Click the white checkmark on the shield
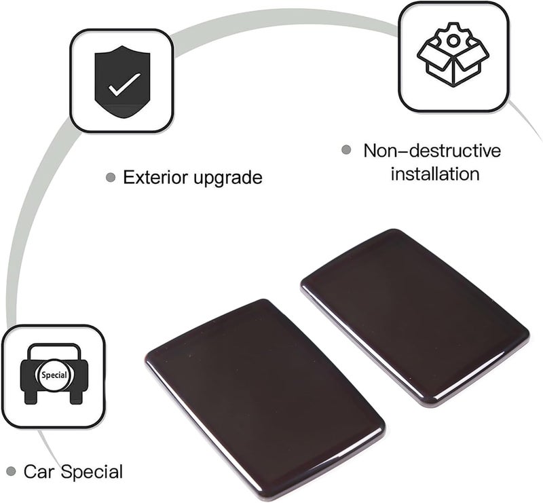(124, 84)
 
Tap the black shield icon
(122, 81)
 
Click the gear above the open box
(453, 39)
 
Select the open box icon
(453, 55)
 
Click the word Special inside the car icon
(54, 375)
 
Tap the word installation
(435, 174)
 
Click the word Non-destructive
(432, 151)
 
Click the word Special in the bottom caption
(92, 472)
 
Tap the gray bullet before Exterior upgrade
(111, 178)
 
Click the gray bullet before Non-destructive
(346, 150)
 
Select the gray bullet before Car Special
(11, 471)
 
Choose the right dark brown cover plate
(415, 317)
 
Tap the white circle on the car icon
(54, 375)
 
